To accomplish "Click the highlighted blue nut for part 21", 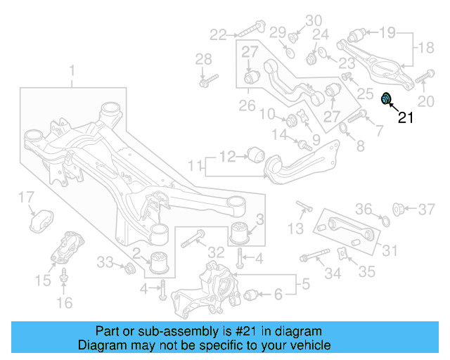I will click(x=386, y=98).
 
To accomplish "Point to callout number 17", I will click(x=25, y=196).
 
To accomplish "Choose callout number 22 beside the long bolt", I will click(x=218, y=33).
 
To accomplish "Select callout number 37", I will click(x=427, y=209).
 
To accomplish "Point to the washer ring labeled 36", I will click(x=384, y=223).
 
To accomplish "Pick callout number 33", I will click(x=105, y=262).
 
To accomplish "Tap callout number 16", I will click(x=64, y=304).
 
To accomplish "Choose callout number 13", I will click(x=296, y=228).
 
